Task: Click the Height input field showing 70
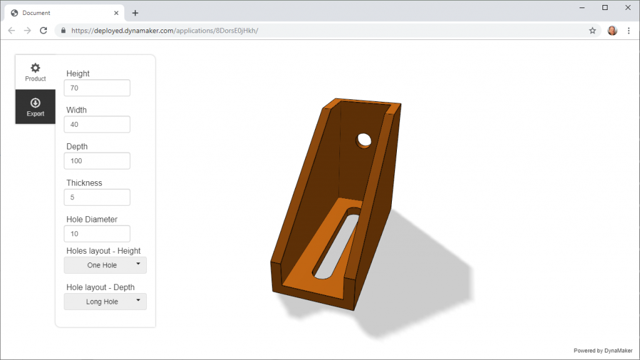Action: pyautogui.click(x=97, y=88)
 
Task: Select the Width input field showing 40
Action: pyautogui.click(x=97, y=124)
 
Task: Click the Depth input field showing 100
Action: pyautogui.click(x=97, y=161)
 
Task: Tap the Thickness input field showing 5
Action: pyautogui.click(x=97, y=197)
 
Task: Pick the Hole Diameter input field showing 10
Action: pyautogui.click(x=97, y=234)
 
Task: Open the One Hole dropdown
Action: pyautogui.click(x=105, y=265)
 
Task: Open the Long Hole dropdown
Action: pyautogui.click(x=105, y=302)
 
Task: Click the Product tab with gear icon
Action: pyautogui.click(x=36, y=72)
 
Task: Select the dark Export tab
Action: pyautogui.click(x=36, y=106)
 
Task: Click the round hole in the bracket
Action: pyautogui.click(x=364, y=140)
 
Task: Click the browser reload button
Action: pyautogui.click(x=43, y=31)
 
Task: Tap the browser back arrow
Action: pyautogui.click(x=11, y=31)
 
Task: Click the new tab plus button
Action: pyautogui.click(x=135, y=13)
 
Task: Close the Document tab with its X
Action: pyautogui.click(x=116, y=13)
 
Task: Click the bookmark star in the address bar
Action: pyautogui.click(x=592, y=31)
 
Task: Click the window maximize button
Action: pyautogui.click(x=605, y=7)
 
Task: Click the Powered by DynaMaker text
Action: pyautogui.click(x=604, y=351)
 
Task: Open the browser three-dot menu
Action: pyautogui.click(x=629, y=31)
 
